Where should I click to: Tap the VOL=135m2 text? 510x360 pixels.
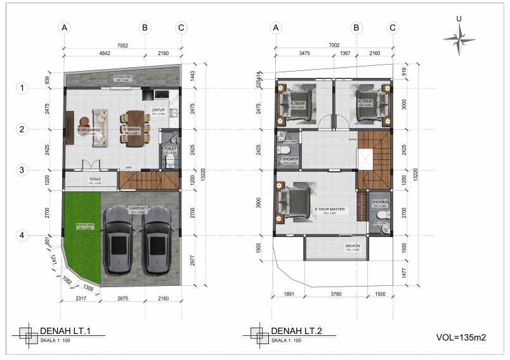coord(461,337)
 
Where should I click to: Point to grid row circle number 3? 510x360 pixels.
coord(22,170)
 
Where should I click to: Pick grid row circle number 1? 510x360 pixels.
coord(22,88)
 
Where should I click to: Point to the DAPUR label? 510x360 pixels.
coord(159,110)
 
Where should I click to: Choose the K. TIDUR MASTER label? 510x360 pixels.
coord(330,209)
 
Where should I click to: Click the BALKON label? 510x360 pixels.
coord(353,246)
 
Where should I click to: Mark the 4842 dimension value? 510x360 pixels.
coord(104,54)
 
